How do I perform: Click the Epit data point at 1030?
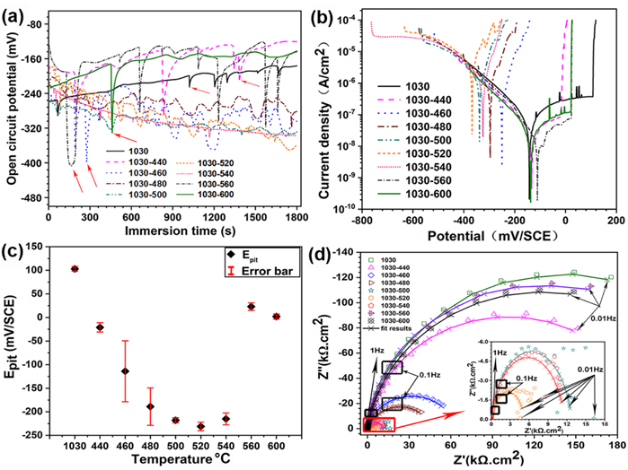point(75,268)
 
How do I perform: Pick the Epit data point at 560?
point(252,307)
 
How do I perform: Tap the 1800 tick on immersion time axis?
point(296,217)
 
